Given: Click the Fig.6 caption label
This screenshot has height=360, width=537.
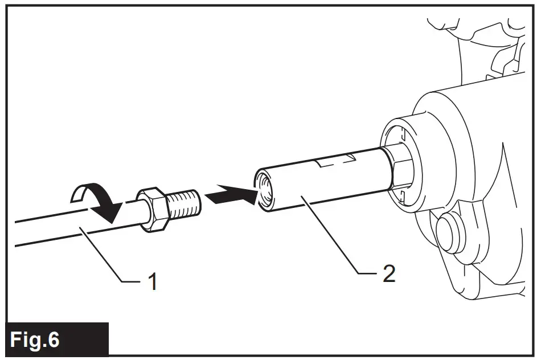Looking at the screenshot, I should coord(35,339).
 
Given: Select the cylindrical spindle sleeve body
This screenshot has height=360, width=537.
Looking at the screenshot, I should coord(319,182).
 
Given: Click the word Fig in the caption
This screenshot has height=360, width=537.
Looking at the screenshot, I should coord(26,339).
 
